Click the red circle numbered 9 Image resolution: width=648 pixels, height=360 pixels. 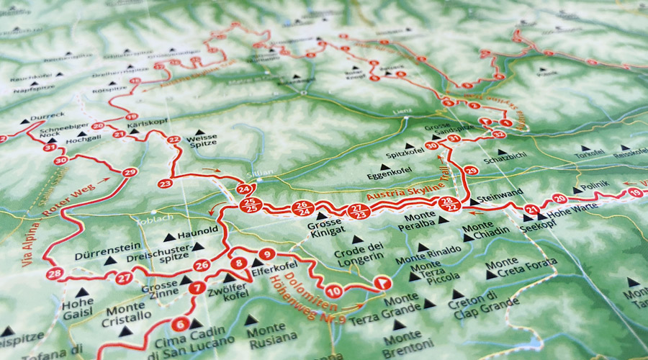point(267,253)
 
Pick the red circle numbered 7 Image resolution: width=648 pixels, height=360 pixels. point(197,289)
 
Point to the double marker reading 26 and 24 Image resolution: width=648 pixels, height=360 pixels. point(302,209)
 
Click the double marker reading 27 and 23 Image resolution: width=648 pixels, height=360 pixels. point(358,211)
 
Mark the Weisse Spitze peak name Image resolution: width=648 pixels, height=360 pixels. point(201,141)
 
